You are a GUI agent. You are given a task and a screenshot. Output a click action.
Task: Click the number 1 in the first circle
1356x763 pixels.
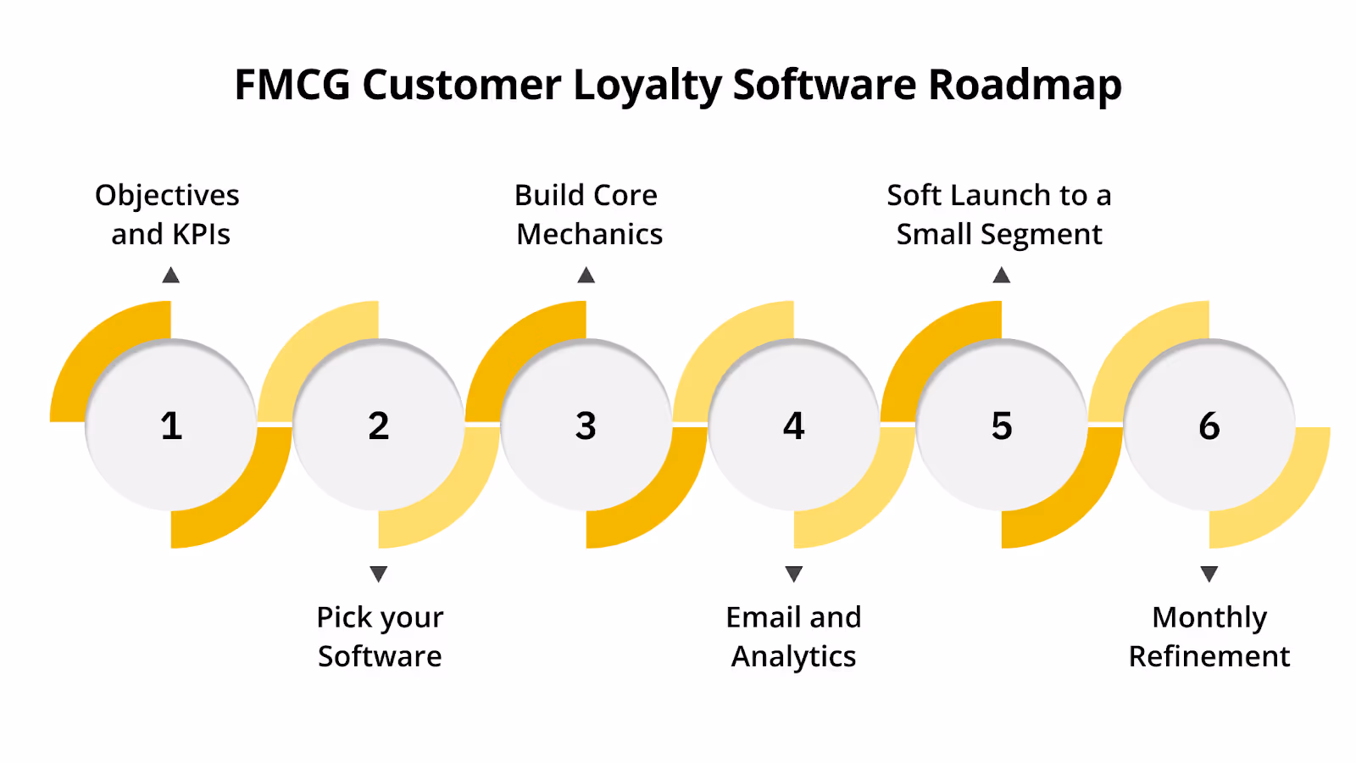(171, 426)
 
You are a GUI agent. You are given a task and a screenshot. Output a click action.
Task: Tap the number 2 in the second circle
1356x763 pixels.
(379, 426)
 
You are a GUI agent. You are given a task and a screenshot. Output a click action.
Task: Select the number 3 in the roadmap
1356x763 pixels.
(586, 426)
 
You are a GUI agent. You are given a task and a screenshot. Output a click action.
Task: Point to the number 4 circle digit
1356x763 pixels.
(793, 426)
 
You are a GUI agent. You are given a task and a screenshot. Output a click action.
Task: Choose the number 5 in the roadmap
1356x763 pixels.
(1002, 426)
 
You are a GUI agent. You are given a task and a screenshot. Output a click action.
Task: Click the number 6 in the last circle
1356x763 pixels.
(1209, 426)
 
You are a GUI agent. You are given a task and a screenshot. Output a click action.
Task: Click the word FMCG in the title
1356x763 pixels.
(292, 85)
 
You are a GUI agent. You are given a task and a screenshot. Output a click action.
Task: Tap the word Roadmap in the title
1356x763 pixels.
(1025, 85)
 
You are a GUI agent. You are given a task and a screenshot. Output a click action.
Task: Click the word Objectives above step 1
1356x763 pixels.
(167, 196)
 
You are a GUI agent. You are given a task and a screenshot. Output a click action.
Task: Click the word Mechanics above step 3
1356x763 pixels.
(590, 235)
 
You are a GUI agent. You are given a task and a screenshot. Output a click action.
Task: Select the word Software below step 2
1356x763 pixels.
(380, 657)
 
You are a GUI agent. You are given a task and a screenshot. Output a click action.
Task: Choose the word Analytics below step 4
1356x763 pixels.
(793, 657)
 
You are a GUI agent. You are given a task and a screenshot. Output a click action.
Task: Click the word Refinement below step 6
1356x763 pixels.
(1209, 657)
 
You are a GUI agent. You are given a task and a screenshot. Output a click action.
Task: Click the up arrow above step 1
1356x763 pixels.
(171, 275)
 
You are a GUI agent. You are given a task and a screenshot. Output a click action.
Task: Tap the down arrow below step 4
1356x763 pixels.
(793, 574)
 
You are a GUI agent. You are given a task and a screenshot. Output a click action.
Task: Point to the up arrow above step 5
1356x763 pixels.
(1002, 275)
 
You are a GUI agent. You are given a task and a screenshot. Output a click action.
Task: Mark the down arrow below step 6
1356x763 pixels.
(1209, 574)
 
